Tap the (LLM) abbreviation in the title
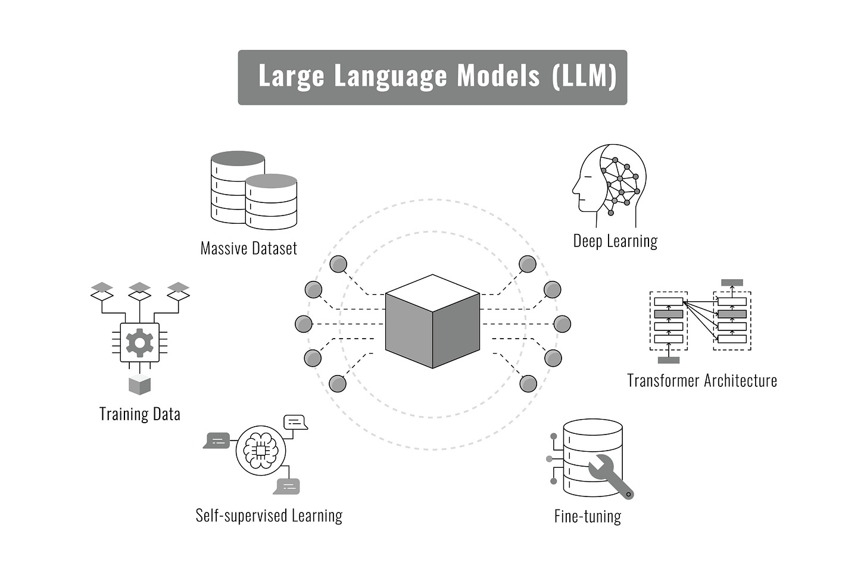click(584, 76)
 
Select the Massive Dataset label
click(248, 248)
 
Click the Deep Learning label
click(615, 241)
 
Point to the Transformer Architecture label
click(701, 381)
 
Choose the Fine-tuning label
click(587, 516)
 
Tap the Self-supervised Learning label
click(269, 515)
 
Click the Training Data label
click(139, 414)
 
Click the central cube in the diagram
click(432, 321)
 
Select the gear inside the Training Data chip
click(139, 342)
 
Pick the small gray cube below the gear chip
click(139, 386)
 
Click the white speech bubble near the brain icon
click(295, 422)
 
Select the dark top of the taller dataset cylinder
click(237, 158)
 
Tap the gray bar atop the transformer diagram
click(732, 283)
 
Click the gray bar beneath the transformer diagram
click(668, 360)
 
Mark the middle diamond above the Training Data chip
click(139, 290)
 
